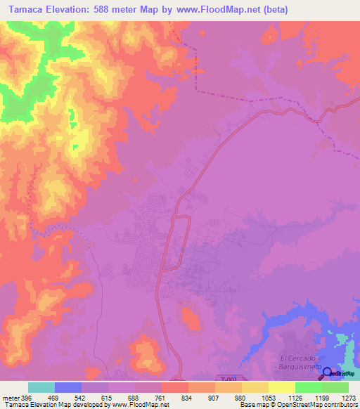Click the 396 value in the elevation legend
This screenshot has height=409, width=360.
[x=25, y=397]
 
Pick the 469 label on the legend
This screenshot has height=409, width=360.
[x=55, y=397]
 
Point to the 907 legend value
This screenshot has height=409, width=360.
[x=215, y=397]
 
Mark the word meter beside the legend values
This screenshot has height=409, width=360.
[x=9, y=397]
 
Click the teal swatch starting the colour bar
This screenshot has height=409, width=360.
[x=41, y=387]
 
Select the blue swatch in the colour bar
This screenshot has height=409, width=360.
[x=68, y=387]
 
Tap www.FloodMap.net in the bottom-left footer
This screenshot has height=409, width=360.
[x=144, y=405]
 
